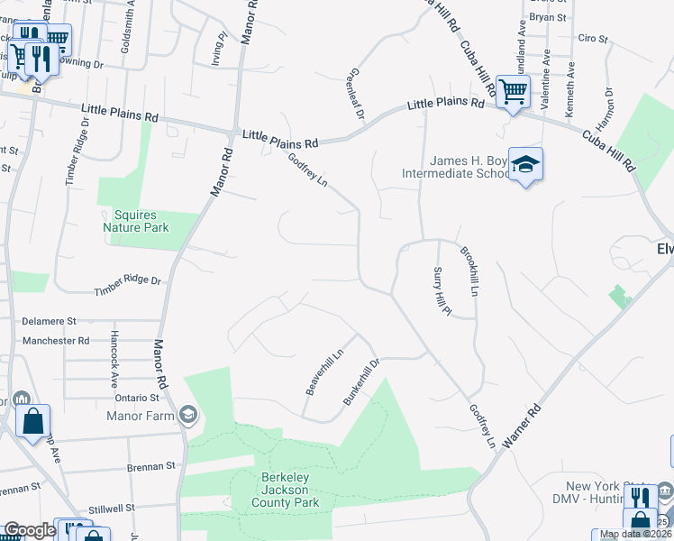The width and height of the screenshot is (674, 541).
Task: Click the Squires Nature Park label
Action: tap(142, 222)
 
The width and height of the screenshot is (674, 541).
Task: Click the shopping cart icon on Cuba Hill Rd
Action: tap(513, 91)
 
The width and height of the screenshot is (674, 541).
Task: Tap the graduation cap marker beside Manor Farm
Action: tap(188, 415)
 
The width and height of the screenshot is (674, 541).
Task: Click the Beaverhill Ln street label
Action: tap(324, 371)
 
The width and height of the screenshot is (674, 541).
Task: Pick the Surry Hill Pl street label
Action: tap(441, 291)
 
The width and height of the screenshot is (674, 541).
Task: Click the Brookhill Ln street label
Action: tap(469, 273)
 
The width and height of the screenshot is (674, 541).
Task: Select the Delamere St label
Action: tap(50, 320)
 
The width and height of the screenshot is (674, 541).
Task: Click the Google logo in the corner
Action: tap(29, 530)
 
